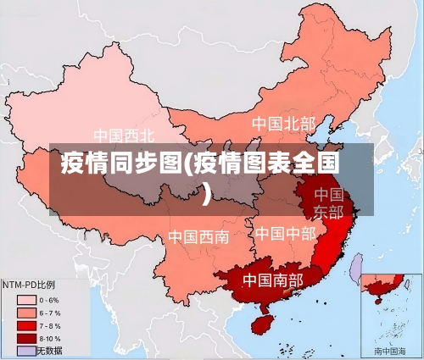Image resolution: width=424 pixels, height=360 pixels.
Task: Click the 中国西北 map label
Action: tap(124, 135)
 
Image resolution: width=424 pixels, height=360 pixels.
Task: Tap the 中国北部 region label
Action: tap(282, 124)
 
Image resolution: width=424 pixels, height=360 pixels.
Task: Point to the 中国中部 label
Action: tap(285, 233)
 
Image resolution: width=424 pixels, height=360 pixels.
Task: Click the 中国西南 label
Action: tap(198, 236)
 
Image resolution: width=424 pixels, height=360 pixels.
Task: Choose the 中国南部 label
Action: tap(272, 279)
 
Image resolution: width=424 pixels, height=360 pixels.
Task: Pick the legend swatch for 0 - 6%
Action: tap(25, 300)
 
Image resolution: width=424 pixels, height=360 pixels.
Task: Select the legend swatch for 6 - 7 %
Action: tap(25, 313)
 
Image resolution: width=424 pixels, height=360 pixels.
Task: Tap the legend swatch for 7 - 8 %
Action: tap(25, 325)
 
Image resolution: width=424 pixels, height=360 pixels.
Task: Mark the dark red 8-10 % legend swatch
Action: tap(25, 338)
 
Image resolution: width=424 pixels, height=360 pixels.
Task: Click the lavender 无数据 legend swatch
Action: tap(25, 350)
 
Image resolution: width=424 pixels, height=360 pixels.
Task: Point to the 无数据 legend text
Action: tap(50, 350)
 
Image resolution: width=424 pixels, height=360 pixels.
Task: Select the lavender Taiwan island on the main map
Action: tap(357, 269)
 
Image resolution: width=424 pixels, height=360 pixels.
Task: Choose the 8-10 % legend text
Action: tap(50, 338)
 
